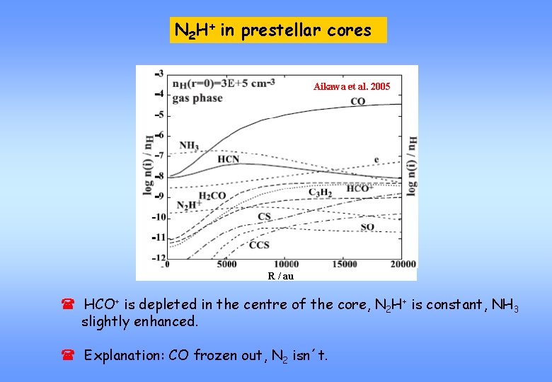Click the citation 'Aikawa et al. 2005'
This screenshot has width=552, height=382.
(x=351, y=86)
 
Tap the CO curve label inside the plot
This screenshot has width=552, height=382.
(x=358, y=102)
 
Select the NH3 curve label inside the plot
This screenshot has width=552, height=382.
(x=189, y=146)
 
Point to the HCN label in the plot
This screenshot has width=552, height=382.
(x=228, y=160)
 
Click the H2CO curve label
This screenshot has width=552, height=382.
(x=213, y=195)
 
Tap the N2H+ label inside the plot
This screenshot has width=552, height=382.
(x=188, y=205)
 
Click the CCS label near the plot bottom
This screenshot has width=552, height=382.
(x=259, y=245)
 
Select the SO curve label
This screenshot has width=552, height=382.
(x=367, y=227)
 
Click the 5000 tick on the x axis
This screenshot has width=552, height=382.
(x=226, y=265)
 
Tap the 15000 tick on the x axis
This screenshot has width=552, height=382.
(x=344, y=265)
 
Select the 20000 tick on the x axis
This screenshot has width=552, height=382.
(x=402, y=265)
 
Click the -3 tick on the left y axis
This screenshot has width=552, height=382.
(x=159, y=73)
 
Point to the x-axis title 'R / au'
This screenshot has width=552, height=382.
(x=280, y=276)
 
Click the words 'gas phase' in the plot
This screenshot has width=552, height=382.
(x=197, y=98)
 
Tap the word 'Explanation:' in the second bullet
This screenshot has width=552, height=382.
(x=125, y=355)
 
